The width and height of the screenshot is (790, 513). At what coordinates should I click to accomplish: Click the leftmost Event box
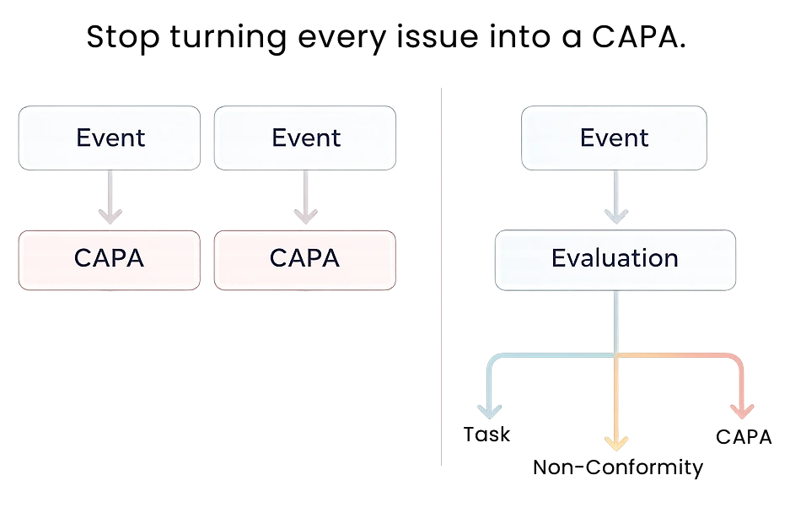click(110, 138)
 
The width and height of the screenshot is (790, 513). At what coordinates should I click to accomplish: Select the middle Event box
click(305, 138)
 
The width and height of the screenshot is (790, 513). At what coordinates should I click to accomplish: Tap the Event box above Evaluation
click(614, 138)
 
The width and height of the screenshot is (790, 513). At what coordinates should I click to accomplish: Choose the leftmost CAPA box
click(110, 258)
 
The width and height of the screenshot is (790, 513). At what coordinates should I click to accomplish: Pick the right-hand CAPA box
click(305, 258)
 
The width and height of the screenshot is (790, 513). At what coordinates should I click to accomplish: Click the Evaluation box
click(614, 258)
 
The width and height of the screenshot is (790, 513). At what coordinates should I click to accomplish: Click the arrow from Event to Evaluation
click(615, 200)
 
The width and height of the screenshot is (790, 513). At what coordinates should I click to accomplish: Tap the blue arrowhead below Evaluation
click(489, 411)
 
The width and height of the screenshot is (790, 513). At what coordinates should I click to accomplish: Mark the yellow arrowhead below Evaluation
click(616, 442)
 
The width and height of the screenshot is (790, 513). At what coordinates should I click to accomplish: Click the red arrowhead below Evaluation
click(742, 411)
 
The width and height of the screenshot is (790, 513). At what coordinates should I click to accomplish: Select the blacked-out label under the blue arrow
click(486, 436)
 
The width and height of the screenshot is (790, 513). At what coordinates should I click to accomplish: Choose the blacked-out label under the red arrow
click(744, 436)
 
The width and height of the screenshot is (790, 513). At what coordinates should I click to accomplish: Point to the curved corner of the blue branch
click(493, 360)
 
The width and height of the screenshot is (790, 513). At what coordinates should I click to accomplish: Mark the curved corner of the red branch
click(738, 360)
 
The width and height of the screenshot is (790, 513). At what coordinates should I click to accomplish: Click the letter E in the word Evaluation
click(557, 258)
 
